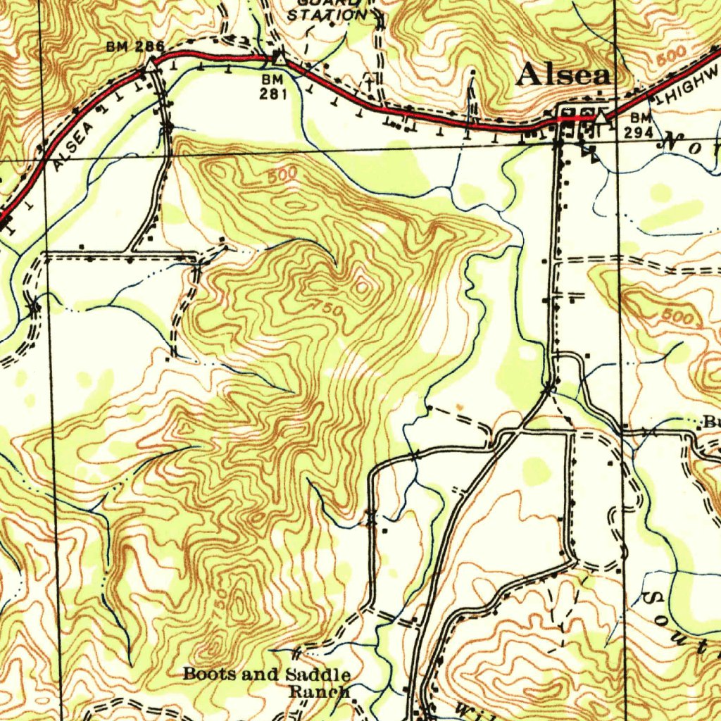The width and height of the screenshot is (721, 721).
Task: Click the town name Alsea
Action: [563, 75]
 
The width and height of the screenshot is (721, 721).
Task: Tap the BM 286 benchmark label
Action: [135, 47]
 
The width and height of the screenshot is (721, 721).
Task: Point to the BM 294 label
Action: [641, 124]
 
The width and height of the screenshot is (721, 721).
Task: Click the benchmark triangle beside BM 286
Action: [152, 65]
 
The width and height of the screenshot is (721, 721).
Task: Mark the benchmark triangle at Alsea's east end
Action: [601, 118]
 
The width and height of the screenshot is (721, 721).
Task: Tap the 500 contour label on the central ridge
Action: [282, 176]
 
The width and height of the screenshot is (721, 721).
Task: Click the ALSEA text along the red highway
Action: [73, 144]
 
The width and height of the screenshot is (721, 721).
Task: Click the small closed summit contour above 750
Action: [363, 286]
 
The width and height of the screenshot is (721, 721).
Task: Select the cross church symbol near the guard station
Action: [369, 79]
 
